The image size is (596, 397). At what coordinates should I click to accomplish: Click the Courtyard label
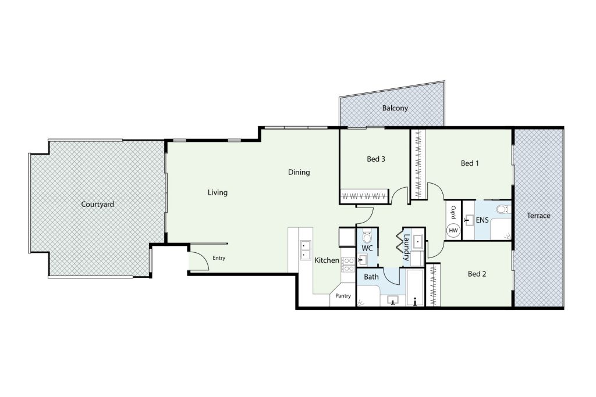[x=98, y=204]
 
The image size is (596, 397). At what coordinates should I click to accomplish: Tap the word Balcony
[x=395, y=108]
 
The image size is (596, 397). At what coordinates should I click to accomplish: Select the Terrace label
[x=538, y=216]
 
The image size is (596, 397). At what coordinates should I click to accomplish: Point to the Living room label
[x=218, y=192]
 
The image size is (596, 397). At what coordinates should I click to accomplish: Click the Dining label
[x=299, y=172]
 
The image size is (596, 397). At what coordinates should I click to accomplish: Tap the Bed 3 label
[x=376, y=159]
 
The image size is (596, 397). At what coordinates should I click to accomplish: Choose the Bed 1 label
[x=470, y=163]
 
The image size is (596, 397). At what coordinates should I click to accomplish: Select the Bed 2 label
[x=477, y=274]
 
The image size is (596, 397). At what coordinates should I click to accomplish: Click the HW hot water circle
[x=453, y=230]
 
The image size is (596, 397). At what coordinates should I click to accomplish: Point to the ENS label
[x=483, y=220]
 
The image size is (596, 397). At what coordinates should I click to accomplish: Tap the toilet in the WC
[x=367, y=237]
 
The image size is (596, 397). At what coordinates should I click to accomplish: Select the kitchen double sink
[x=305, y=250]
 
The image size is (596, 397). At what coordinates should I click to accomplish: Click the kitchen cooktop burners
[x=348, y=264]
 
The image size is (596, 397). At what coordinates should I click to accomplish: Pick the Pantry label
[x=343, y=296]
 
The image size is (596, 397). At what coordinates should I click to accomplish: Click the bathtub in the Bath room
[x=415, y=287]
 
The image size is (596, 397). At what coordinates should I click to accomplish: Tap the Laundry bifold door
[x=400, y=241]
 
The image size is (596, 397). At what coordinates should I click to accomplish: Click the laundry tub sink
[x=417, y=241]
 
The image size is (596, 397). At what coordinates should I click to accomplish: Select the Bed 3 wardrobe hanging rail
[x=364, y=196]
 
